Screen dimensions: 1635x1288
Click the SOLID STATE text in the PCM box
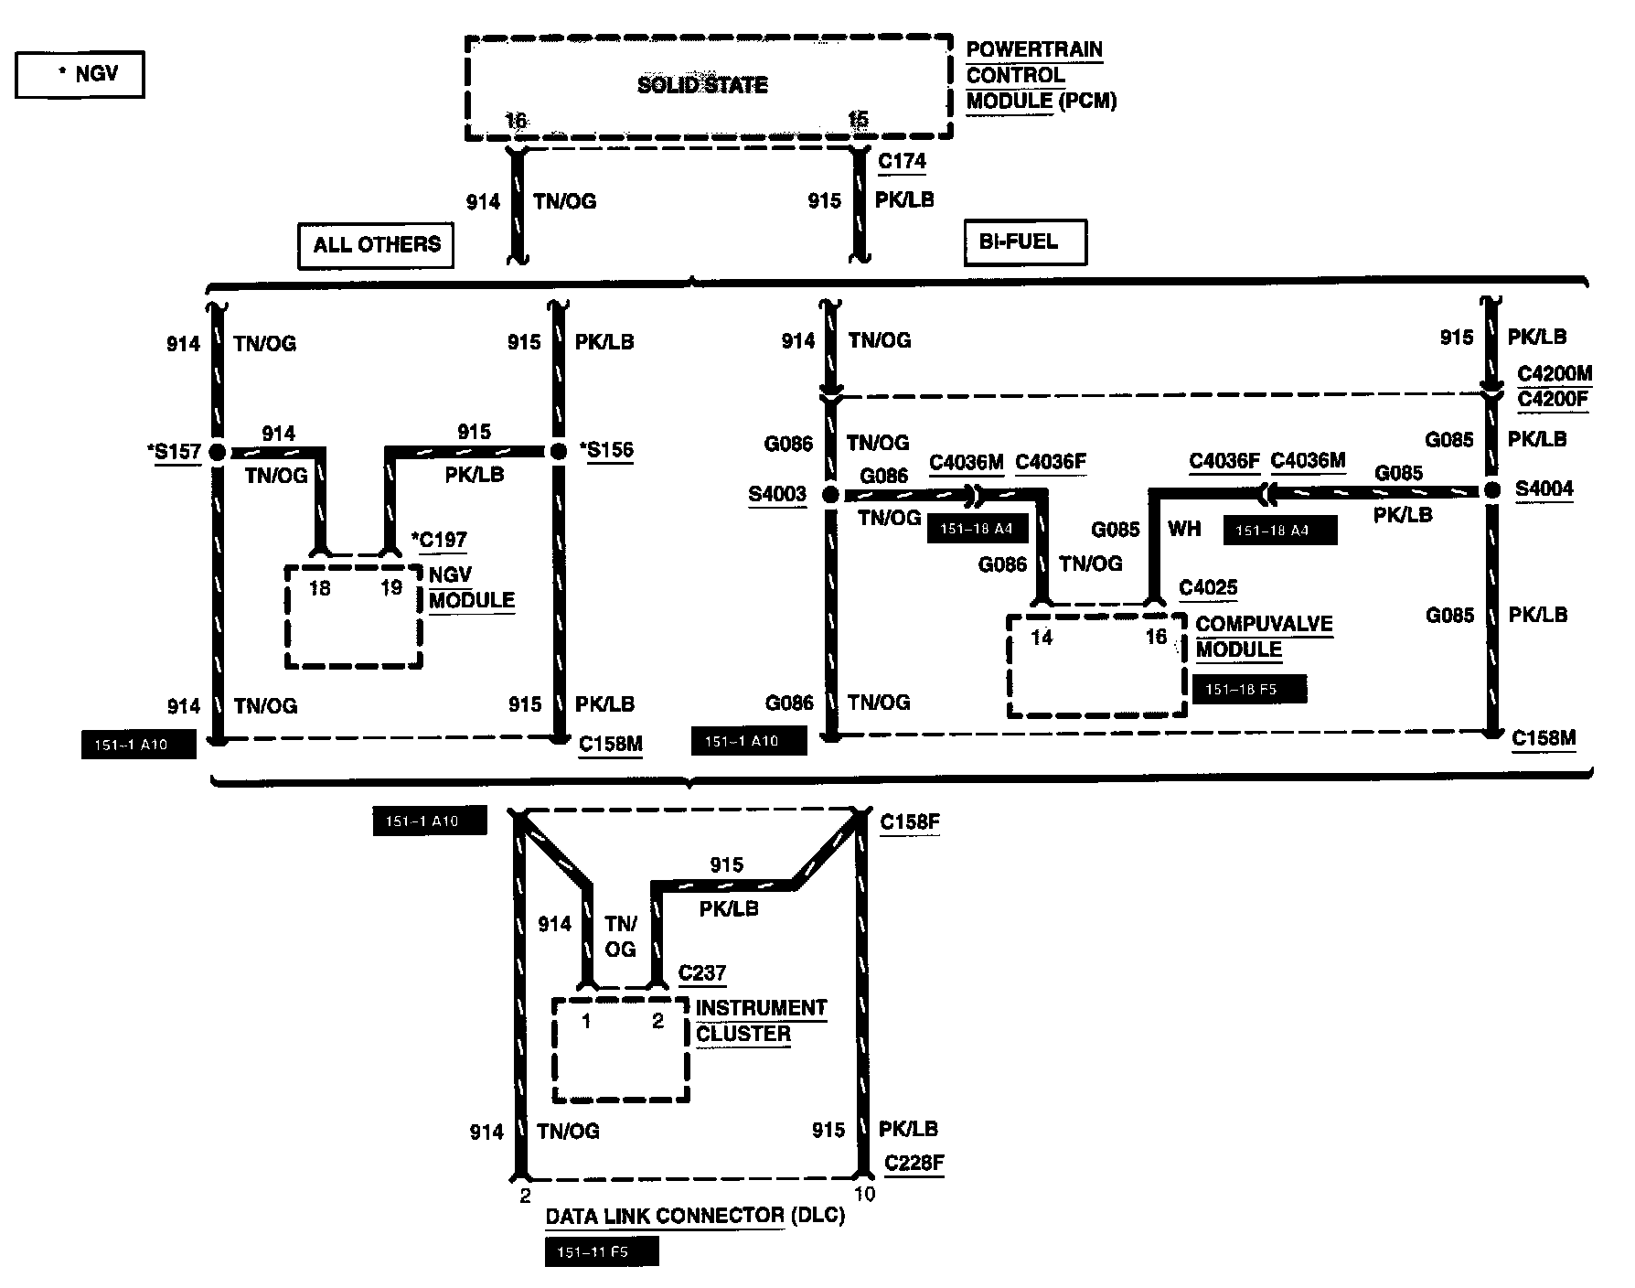click(x=702, y=85)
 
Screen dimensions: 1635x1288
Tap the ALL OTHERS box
click(x=376, y=244)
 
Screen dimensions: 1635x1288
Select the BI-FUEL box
click(x=1025, y=242)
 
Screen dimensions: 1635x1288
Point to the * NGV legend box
click(x=80, y=74)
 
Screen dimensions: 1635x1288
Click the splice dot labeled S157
click(x=218, y=452)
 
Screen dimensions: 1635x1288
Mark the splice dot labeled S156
click(x=559, y=451)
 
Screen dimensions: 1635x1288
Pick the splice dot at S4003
click(x=830, y=495)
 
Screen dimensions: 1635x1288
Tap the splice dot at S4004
click(x=1492, y=490)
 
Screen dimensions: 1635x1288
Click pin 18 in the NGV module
click(x=319, y=588)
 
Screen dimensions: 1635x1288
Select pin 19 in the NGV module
click(x=391, y=587)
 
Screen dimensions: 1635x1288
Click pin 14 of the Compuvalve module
click(x=1042, y=638)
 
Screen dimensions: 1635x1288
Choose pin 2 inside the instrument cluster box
click(x=657, y=1021)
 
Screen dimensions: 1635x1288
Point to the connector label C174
click(x=902, y=162)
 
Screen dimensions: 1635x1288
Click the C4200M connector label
click(x=1555, y=374)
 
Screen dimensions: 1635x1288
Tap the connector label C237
click(x=701, y=973)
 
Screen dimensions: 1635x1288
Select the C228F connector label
click(x=914, y=1164)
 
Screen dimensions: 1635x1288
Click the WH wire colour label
click(x=1184, y=529)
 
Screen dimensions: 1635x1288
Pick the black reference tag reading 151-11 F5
click(x=602, y=1252)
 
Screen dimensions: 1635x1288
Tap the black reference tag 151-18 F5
click(x=1249, y=689)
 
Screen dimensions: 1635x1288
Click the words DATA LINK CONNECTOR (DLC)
click(x=695, y=1217)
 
